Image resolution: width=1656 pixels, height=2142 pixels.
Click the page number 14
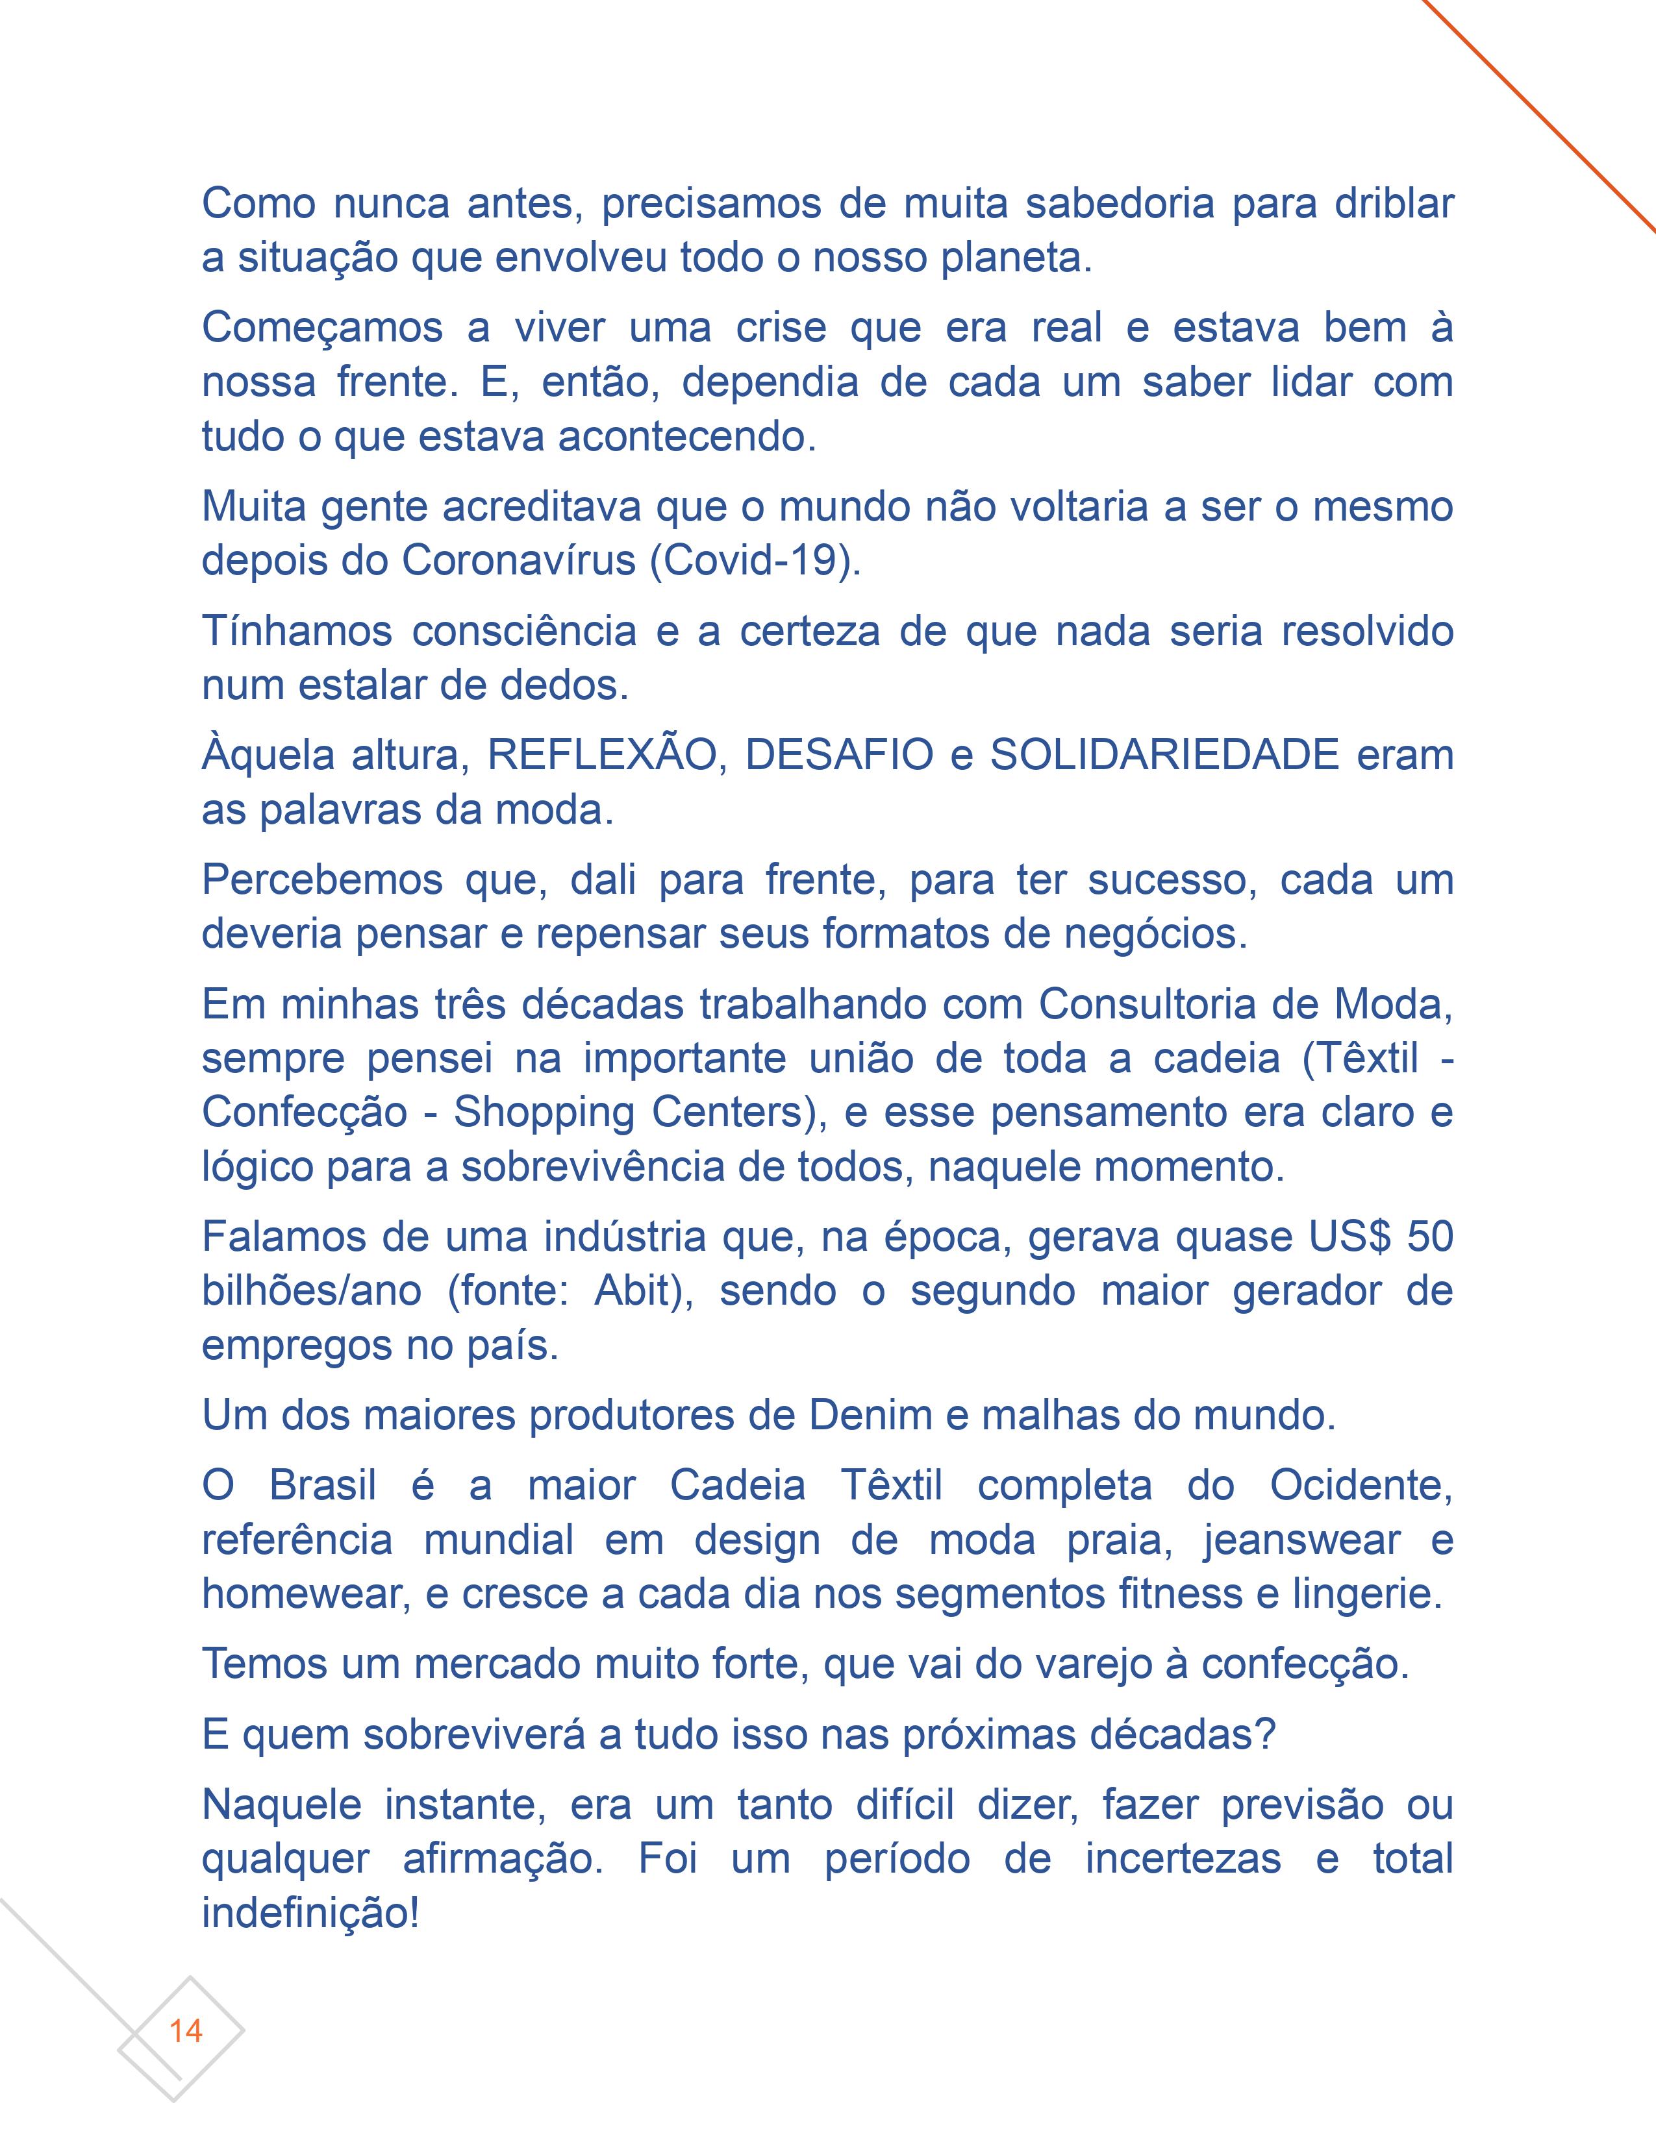click(x=186, y=2030)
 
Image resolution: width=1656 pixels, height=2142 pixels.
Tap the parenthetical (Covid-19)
click(x=755, y=560)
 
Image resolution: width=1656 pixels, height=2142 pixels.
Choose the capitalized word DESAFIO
click(x=840, y=755)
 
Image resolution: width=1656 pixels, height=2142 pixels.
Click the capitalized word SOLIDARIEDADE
click(x=1164, y=755)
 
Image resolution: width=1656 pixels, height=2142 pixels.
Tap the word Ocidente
click(x=1361, y=1485)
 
